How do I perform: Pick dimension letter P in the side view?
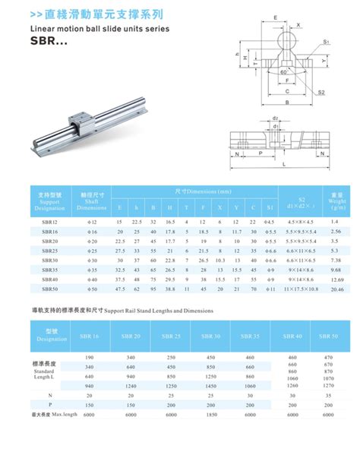261,152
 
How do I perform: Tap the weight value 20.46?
337,289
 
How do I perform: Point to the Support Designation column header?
49,199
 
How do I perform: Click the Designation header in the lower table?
52,336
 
